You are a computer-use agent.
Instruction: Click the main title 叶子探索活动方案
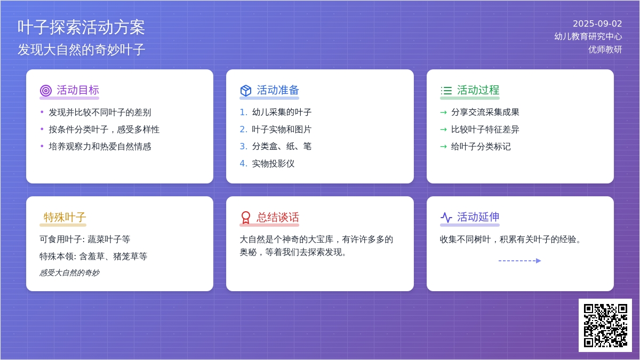81,27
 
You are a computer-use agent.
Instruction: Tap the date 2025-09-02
597,23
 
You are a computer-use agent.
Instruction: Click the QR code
605,325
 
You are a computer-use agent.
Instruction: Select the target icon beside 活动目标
46,91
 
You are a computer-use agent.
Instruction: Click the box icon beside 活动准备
246,91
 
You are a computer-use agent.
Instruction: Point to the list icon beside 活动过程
446,91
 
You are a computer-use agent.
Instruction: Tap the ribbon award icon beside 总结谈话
246,218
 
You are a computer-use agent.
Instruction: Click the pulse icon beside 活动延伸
446,218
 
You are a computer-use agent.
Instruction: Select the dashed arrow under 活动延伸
519,261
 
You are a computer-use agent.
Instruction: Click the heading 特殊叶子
65,217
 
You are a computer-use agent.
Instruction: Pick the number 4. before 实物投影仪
243,163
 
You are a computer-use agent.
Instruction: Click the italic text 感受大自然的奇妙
69,273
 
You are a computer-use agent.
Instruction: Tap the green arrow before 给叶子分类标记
443,147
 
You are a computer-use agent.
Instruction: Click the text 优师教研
605,50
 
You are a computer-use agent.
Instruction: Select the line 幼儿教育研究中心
588,36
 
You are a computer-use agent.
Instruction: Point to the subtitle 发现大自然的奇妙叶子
82,50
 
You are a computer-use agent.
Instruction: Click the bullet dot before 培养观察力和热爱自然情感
42,146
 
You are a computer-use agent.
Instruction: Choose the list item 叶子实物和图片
282,130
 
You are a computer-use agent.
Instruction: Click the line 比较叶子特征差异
485,130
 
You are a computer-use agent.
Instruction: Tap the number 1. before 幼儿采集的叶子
243,113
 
